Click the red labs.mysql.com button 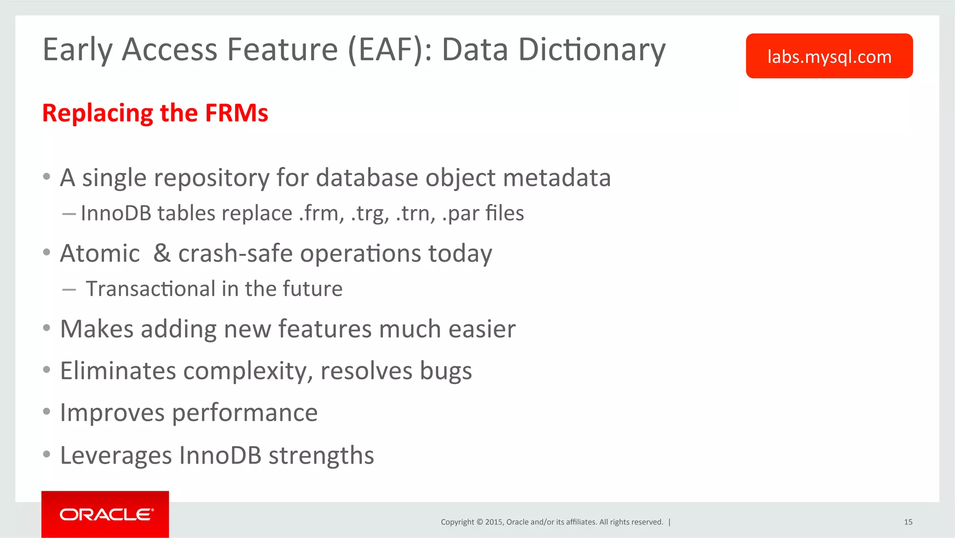coord(829,56)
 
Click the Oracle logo coord(105,514)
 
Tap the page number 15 coord(908,522)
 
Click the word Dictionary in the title coord(592,49)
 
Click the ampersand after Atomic coord(162,253)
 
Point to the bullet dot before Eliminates coord(46,370)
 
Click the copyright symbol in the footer coord(479,522)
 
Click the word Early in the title coord(77,49)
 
